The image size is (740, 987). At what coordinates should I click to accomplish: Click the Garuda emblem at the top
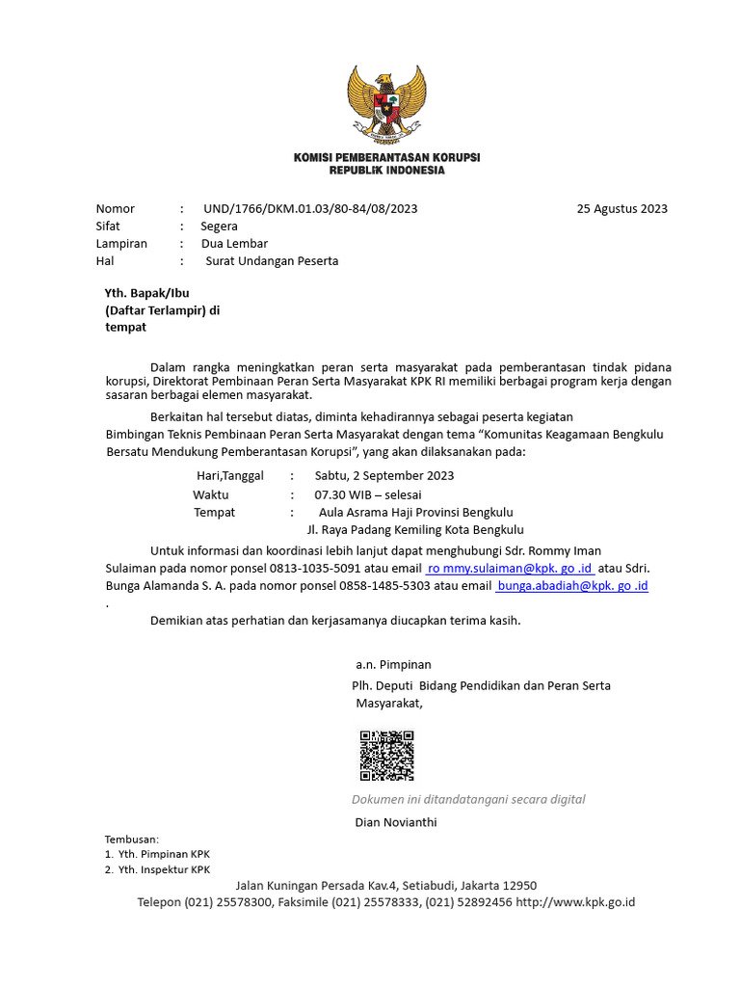386,101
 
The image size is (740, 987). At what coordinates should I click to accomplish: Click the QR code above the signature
386,756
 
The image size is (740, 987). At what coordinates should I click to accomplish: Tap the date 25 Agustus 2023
621,208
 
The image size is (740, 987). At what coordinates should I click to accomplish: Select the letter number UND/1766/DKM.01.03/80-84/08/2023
310,208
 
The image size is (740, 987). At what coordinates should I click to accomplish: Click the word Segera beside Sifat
219,226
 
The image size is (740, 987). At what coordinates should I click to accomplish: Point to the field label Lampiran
121,243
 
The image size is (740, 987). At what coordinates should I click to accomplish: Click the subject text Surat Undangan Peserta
272,260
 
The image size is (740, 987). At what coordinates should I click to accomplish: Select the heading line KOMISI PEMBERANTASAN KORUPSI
386,157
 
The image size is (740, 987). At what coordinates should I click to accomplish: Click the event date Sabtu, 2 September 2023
383,475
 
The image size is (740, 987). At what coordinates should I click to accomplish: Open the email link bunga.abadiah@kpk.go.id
571,586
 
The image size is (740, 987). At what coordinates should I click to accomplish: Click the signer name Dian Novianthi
396,822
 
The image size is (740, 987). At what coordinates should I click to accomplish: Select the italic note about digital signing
468,799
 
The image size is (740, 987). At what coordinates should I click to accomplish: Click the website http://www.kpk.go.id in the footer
575,902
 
